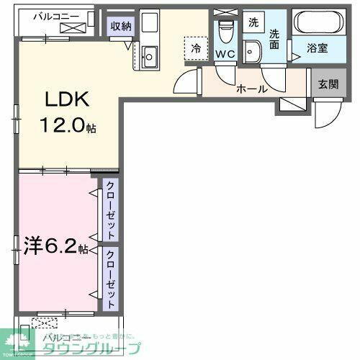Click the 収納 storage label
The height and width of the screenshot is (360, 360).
[x=120, y=27]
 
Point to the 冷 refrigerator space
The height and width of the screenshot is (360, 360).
[x=195, y=49]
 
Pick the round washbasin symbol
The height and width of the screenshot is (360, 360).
[x=252, y=52]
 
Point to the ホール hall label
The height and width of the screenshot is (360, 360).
[x=252, y=89]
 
